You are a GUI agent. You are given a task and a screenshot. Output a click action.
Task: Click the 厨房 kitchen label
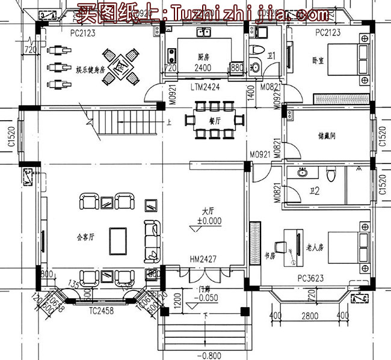(x=203, y=57)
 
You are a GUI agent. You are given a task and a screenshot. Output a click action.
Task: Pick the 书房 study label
(x=271, y=255)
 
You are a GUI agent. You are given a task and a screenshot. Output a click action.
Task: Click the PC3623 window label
(x=310, y=278)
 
